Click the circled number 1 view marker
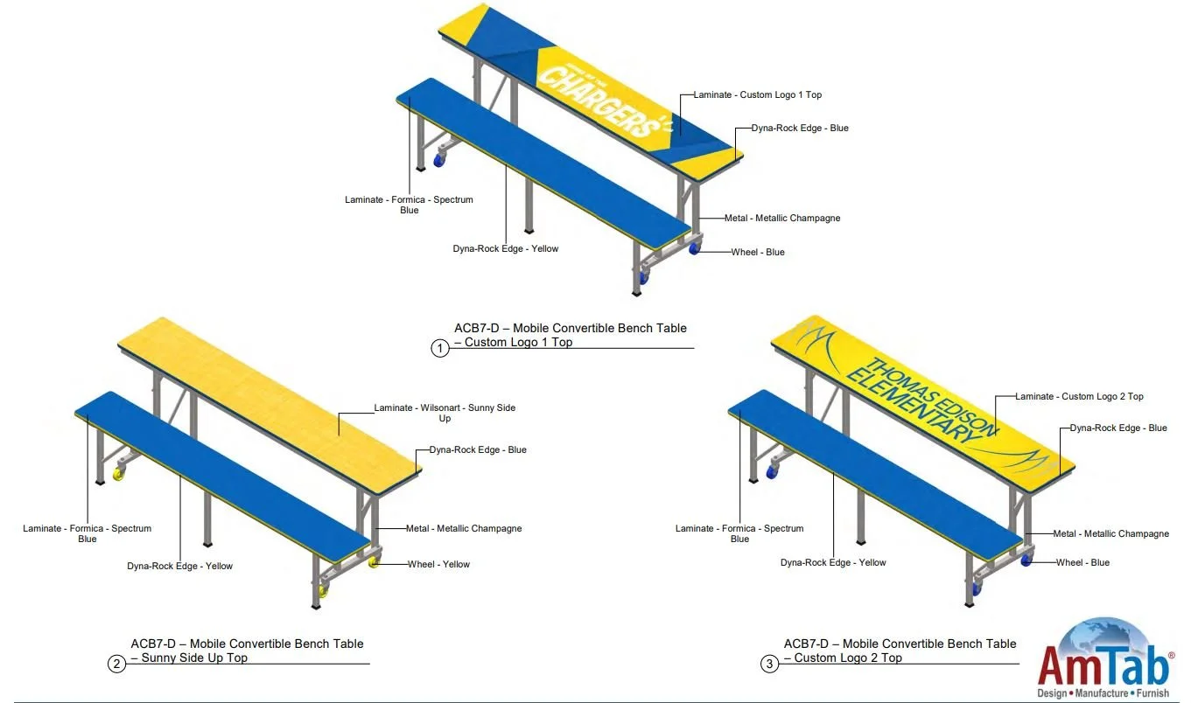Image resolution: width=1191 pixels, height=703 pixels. [439, 348]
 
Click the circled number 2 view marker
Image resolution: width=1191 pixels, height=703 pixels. [116, 664]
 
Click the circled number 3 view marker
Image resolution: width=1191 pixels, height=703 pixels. [769, 664]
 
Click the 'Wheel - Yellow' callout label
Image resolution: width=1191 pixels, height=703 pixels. [438, 564]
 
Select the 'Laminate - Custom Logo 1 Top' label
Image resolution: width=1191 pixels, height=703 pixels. [757, 94]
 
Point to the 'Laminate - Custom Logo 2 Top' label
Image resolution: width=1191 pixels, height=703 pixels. [1079, 396]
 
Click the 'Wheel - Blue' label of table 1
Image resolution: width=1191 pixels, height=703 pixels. [758, 252]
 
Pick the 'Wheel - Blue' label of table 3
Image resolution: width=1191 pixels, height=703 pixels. [1082, 562]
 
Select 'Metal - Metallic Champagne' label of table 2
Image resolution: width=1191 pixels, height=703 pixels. [464, 528]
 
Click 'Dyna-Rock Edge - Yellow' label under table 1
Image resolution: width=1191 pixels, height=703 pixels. [505, 248]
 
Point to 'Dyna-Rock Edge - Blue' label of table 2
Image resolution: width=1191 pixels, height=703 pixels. [478, 449]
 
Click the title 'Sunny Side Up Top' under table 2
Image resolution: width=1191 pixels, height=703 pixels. [194, 658]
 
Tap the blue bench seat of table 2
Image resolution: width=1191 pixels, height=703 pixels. [219, 472]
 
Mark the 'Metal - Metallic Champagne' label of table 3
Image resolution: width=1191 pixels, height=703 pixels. [1110, 533]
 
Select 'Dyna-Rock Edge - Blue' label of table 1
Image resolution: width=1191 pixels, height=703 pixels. [800, 128]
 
